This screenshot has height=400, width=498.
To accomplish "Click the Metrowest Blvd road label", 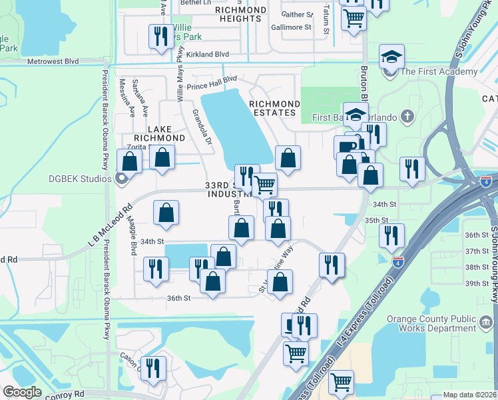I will point(53,61).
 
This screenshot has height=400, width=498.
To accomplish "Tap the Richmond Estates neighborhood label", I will point(274,108).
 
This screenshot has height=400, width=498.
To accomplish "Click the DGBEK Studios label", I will point(80,178).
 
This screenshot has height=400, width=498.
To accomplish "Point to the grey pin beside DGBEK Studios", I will point(121,178).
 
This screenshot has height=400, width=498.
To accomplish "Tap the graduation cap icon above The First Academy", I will point(391,57).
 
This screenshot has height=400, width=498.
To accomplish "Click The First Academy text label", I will point(439,72).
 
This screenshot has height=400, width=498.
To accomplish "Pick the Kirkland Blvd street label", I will point(207,54).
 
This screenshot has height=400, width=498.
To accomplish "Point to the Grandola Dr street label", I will point(202,126).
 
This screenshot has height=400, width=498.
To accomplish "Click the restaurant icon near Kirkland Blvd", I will point(159,35).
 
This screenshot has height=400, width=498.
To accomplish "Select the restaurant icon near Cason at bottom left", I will point(154,367).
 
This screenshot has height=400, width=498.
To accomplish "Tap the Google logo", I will point(22,392).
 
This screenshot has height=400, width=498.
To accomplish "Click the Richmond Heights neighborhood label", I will point(239,15).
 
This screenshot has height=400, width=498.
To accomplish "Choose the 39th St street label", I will point(477,283).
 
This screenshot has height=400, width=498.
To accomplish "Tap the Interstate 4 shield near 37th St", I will point(397,261).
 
